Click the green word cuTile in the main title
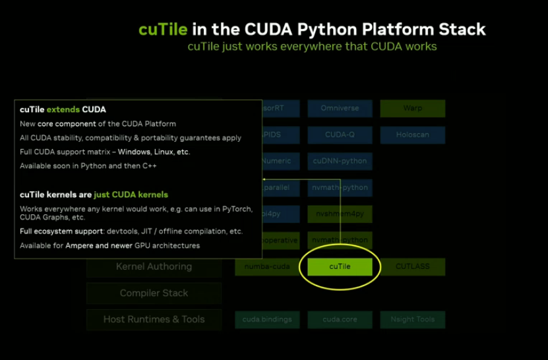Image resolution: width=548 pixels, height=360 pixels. coord(163,30)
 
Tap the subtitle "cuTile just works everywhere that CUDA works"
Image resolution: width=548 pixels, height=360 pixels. coord(312,47)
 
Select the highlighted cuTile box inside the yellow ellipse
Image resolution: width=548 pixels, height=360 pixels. coord(340,267)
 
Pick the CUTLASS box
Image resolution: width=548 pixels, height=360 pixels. coord(412,267)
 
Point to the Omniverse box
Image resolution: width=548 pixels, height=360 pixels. coord(340,108)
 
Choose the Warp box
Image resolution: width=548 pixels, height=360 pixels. coord(412,108)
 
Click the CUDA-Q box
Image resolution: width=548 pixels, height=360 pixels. coord(340,135)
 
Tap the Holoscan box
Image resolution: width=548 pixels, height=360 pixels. coord(412,135)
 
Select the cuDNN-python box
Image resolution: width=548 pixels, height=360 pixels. coord(340,161)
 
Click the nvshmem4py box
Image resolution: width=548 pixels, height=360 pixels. coord(340,214)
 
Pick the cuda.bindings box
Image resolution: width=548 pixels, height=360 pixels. coord(267,320)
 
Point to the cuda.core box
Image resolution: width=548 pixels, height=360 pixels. coord(340,320)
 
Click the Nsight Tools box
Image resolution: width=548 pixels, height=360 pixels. coord(412,320)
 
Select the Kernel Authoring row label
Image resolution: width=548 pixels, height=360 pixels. coord(154,267)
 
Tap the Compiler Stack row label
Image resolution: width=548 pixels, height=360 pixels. coord(154,293)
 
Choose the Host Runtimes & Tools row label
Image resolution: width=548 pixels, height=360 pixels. coord(154,320)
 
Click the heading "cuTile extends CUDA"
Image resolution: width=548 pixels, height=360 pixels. coord(63,109)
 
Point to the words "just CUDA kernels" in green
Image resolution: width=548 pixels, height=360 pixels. coord(131,195)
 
